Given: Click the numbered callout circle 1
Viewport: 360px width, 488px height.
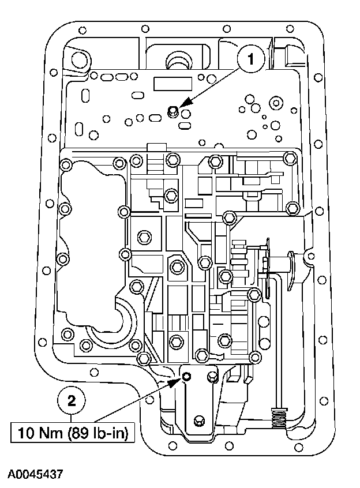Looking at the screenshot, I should point(250,58).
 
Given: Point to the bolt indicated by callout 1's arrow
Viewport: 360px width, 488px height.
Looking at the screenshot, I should point(172,110).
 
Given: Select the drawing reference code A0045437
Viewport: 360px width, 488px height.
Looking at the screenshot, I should point(35,474).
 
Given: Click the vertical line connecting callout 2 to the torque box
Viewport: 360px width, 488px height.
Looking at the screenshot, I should point(72,419).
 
